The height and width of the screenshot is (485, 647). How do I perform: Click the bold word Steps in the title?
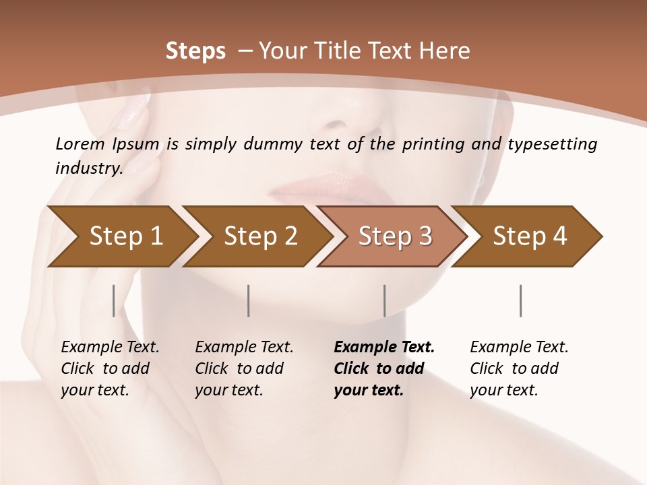[195, 51]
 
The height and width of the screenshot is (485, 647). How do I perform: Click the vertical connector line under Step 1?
[114, 300]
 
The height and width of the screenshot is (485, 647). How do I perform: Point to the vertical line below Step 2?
[249, 300]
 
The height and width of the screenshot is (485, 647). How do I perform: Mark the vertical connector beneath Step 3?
[384, 300]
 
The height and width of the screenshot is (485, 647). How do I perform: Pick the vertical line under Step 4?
[520, 300]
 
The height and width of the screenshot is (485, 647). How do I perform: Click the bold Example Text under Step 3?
[384, 348]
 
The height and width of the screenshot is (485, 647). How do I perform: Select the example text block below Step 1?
[110, 368]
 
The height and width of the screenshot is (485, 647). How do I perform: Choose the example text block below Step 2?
[244, 368]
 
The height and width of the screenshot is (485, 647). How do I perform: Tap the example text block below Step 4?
[519, 368]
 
